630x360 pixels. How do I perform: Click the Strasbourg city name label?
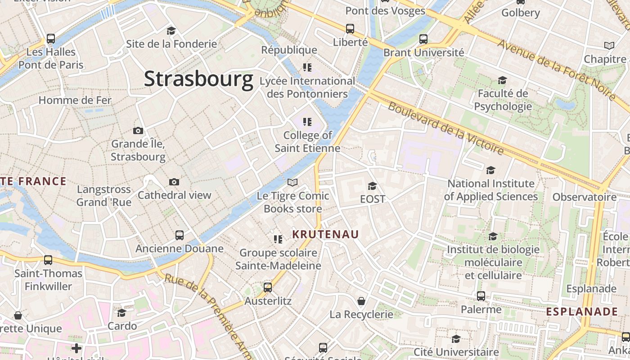click(198, 79)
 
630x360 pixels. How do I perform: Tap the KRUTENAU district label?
click(325, 234)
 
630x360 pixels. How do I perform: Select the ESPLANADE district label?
click(582, 312)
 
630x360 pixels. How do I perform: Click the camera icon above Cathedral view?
click(174, 182)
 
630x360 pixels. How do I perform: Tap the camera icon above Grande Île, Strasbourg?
click(138, 131)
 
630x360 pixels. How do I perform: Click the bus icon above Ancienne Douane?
click(179, 235)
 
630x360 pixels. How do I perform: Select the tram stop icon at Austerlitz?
click(268, 287)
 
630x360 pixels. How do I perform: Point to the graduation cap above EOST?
click(372, 186)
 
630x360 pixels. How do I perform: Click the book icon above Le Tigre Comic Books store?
click(292, 182)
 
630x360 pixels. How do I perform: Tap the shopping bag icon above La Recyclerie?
click(361, 301)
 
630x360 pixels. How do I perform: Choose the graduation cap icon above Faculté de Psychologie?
click(502, 80)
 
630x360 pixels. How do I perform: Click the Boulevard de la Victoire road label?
click(445, 128)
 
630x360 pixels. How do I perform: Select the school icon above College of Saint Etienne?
click(307, 121)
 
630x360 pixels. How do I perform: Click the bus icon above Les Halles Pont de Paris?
click(51, 39)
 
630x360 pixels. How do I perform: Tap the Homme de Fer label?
click(75, 100)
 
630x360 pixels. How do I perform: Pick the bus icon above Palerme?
click(481, 296)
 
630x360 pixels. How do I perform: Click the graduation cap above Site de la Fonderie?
click(171, 31)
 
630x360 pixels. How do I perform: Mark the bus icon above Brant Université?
click(423, 39)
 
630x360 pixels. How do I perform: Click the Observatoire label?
click(585, 197)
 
